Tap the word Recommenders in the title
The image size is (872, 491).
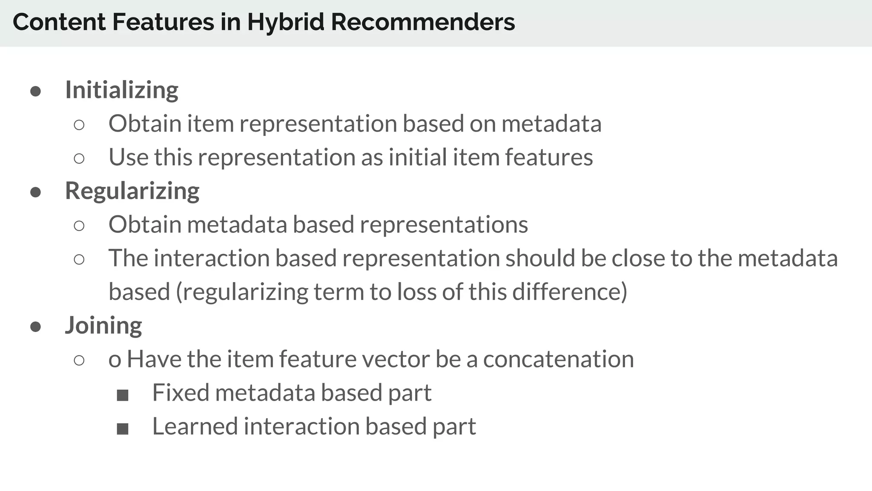tap(422, 22)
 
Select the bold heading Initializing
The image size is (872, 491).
tap(121, 90)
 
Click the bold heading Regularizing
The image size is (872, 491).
tap(132, 191)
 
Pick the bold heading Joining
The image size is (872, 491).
tap(103, 325)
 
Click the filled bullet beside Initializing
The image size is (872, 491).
tap(36, 92)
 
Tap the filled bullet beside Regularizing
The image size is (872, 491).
tap(36, 192)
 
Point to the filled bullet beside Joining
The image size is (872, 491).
tap(36, 327)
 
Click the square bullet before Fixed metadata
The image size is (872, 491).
tap(123, 395)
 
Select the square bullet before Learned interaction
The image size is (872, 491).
tap(123, 429)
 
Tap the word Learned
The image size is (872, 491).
tap(195, 426)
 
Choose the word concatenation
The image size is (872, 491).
tap(558, 359)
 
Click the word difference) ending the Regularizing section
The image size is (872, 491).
tap(570, 292)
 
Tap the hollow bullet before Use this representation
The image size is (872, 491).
tap(79, 159)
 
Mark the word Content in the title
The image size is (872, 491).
tap(59, 22)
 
